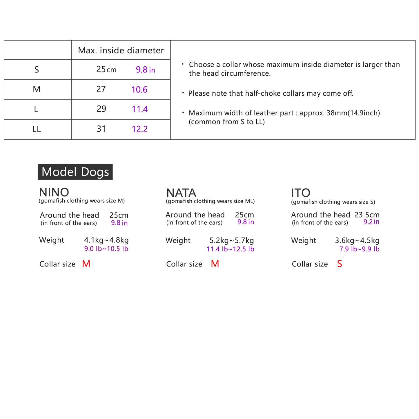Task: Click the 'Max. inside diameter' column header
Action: (121, 50)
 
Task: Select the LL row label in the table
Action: (37, 129)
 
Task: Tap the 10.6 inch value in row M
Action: (139, 90)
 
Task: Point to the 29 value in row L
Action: (101, 109)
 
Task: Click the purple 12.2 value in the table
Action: (139, 129)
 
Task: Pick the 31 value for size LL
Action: (101, 129)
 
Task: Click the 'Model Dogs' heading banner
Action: (75, 172)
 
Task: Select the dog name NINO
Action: (54, 192)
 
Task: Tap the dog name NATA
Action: (181, 193)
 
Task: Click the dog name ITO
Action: (300, 193)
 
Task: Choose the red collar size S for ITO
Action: (340, 264)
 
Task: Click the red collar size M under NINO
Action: (86, 264)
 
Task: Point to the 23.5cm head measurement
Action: (367, 215)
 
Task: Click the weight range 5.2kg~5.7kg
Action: (231, 240)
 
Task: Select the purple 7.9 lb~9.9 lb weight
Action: (359, 249)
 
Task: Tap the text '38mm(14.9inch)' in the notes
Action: (353, 113)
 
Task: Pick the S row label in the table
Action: (37, 70)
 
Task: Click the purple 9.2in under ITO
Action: (371, 222)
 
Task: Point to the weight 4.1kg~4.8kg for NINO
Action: (106, 240)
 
